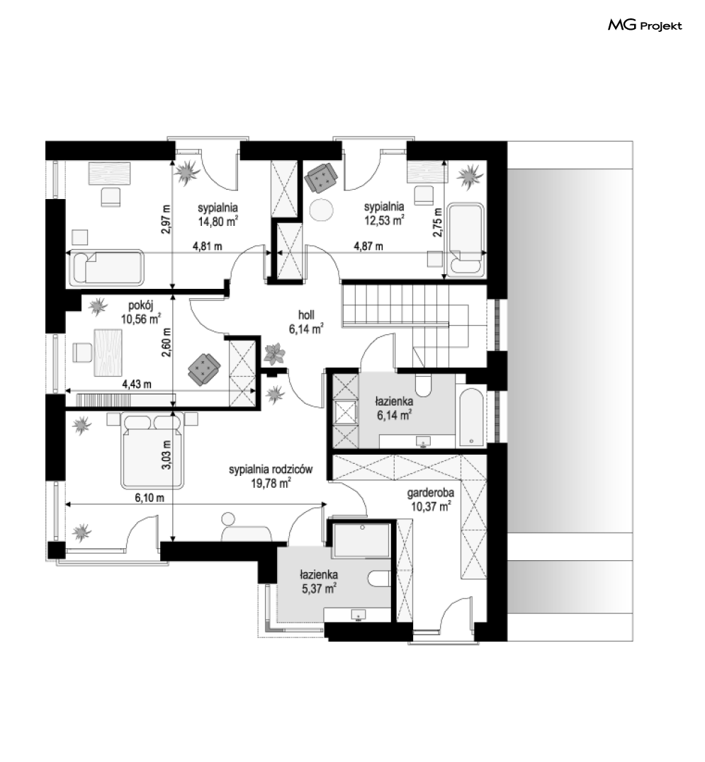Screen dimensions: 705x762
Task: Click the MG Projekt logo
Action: point(645,25)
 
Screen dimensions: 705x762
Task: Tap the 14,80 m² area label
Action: point(218,222)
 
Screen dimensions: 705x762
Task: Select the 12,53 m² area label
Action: point(384,220)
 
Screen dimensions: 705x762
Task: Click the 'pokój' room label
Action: point(140,306)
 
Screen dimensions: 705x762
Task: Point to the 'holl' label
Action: point(306,315)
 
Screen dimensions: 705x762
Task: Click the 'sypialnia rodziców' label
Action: point(271,470)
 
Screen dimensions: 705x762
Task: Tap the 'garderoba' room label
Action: point(430,493)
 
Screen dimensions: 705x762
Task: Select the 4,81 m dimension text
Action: point(207,246)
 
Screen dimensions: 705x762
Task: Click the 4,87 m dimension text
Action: point(368,246)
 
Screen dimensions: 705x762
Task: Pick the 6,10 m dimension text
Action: point(150,498)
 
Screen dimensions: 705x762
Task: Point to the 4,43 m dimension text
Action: point(136,385)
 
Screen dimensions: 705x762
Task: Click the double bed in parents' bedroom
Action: point(153,450)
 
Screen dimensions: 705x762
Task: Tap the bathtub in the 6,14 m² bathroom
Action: point(472,417)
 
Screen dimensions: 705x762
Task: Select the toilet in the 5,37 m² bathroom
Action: point(379,579)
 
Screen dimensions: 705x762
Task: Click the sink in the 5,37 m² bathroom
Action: point(359,614)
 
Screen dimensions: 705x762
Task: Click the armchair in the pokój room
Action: point(204,370)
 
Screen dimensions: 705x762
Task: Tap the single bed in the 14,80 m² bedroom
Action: point(107,268)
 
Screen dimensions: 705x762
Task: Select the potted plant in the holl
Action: point(275,354)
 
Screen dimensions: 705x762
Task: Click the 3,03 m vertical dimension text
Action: point(167,455)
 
